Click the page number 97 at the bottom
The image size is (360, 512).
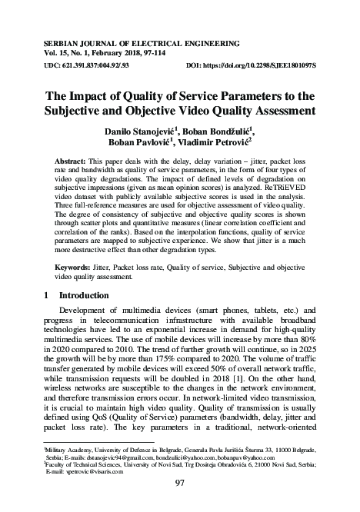(180, 483)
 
